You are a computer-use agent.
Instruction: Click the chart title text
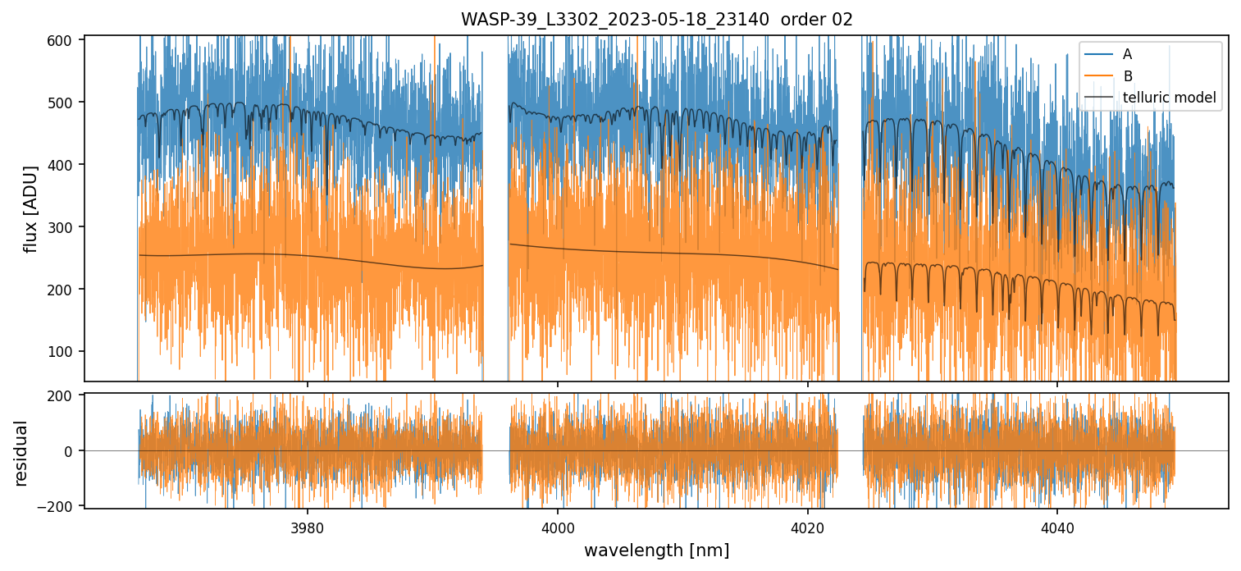click(x=656, y=20)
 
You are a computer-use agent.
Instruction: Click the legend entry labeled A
click(x=1127, y=54)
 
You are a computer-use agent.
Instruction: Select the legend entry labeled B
click(x=1127, y=76)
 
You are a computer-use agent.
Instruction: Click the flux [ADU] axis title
click(x=31, y=208)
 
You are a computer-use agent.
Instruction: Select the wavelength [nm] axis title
click(x=656, y=550)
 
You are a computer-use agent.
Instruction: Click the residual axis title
click(x=21, y=452)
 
